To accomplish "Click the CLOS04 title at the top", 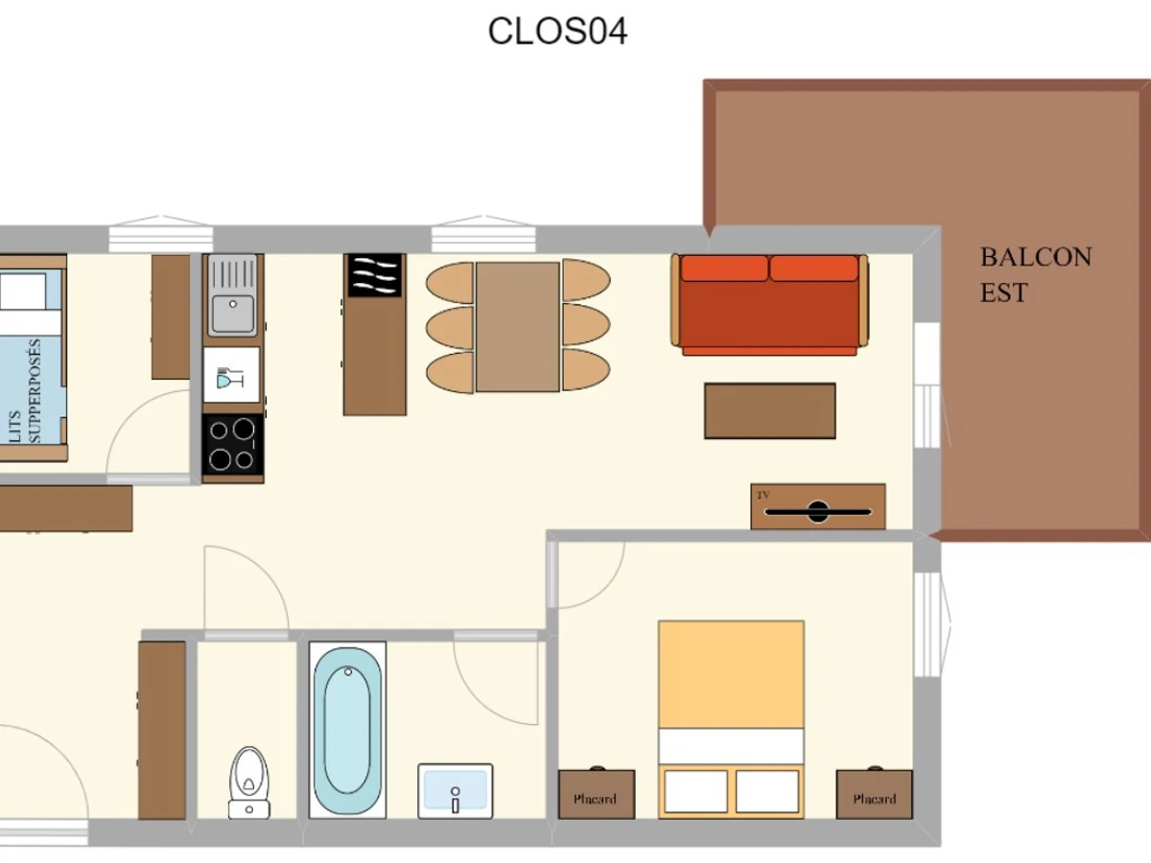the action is click(x=557, y=32).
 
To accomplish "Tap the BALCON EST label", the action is click(x=1036, y=274).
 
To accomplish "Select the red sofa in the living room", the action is click(x=769, y=304).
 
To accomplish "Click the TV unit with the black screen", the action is click(x=818, y=506).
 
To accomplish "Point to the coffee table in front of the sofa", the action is click(x=770, y=410).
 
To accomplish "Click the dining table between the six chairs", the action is click(x=518, y=327).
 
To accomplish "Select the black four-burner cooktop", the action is click(x=232, y=445).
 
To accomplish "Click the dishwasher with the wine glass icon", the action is click(x=231, y=375).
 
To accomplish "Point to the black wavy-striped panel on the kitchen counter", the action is click(x=374, y=275).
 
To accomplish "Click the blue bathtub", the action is click(x=347, y=730).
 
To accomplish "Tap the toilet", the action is click(x=249, y=782).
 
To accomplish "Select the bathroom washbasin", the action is click(x=456, y=791).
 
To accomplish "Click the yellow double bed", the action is click(x=731, y=719).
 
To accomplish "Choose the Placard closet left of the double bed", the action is click(x=597, y=794).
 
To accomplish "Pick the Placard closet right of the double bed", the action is click(x=874, y=794).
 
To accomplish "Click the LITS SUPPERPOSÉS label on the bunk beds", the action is click(x=25, y=390).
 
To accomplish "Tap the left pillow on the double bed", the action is click(x=695, y=791).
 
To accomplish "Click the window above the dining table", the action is click(x=483, y=234).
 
